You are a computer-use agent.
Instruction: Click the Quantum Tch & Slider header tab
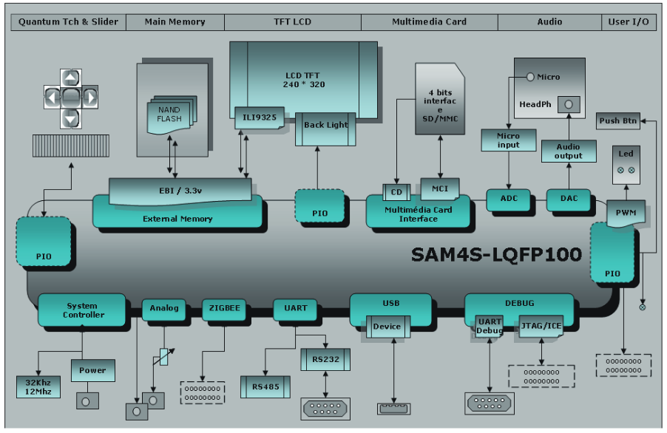pyautogui.click(x=68, y=22)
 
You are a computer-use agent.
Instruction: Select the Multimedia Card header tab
pyautogui.click(x=429, y=22)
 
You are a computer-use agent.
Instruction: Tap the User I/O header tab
pyautogui.click(x=629, y=22)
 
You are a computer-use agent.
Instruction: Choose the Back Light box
pyautogui.click(x=325, y=126)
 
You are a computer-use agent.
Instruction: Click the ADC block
pyautogui.click(x=509, y=200)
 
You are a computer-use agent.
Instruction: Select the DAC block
pyautogui.click(x=569, y=200)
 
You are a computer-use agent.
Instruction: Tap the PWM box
pyautogui.click(x=626, y=214)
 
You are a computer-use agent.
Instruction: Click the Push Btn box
pyautogui.click(x=619, y=121)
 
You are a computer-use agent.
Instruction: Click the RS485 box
pyautogui.click(x=265, y=386)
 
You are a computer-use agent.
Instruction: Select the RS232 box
pyautogui.click(x=325, y=360)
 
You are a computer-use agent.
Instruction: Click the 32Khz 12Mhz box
pyautogui.click(x=37, y=386)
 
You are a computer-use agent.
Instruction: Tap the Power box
pyautogui.click(x=92, y=370)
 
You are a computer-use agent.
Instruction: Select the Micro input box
pyautogui.click(x=508, y=140)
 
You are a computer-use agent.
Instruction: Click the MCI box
pyautogui.click(x=440, y=188)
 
